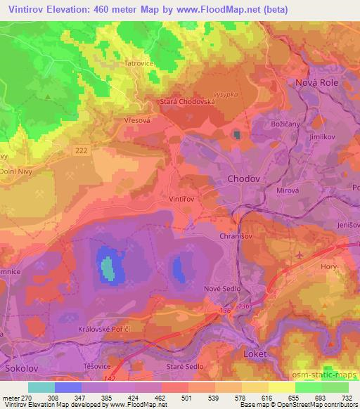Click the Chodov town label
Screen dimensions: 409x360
point(244,179)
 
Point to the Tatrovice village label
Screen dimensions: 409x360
point(139,63)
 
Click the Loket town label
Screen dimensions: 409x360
point(254,354)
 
